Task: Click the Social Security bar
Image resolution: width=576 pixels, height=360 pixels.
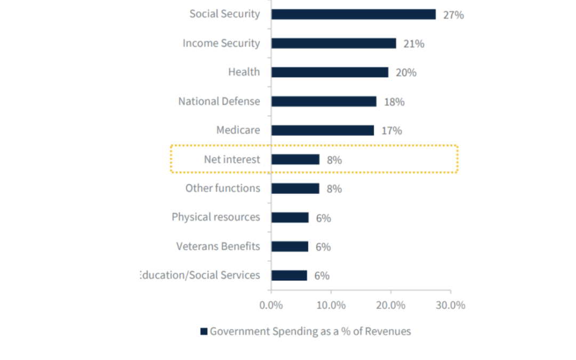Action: [x=353, y=14]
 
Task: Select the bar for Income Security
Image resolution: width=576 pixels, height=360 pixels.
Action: [x=333, y=43]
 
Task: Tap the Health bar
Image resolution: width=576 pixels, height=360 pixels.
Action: [x=330, y=72]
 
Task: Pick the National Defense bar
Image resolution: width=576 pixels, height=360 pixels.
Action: [x=324, y=101]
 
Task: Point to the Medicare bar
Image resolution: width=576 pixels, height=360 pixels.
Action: [x=322, y=130]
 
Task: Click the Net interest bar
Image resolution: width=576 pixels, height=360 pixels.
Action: [x=295, y=159]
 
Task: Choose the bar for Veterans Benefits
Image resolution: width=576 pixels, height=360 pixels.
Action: [x=290, y=246]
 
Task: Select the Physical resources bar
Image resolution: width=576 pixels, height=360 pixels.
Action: [x=290, y=218]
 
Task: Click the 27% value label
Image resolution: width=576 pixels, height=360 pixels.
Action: [x=453, y=15]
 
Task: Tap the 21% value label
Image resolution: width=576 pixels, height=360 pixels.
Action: [x=414, y=44]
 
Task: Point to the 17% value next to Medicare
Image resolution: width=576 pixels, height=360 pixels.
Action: [x=391, y=131]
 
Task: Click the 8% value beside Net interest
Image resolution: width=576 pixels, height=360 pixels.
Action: [x=334, y=159]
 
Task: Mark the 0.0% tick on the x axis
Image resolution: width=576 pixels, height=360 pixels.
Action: [x=271, y=305]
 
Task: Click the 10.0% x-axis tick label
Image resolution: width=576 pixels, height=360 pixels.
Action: [x=331, y=305]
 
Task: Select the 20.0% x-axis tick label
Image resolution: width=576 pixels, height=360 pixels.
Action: [x=390, y=305]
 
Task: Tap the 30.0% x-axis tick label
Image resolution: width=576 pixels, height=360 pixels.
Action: [x=451, y=305]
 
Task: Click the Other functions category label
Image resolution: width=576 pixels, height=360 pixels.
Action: [x=222, y=188]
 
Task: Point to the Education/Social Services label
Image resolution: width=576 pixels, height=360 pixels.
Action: [x=200, y=275]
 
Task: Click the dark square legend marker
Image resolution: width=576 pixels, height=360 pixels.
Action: [x=204, y=331]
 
